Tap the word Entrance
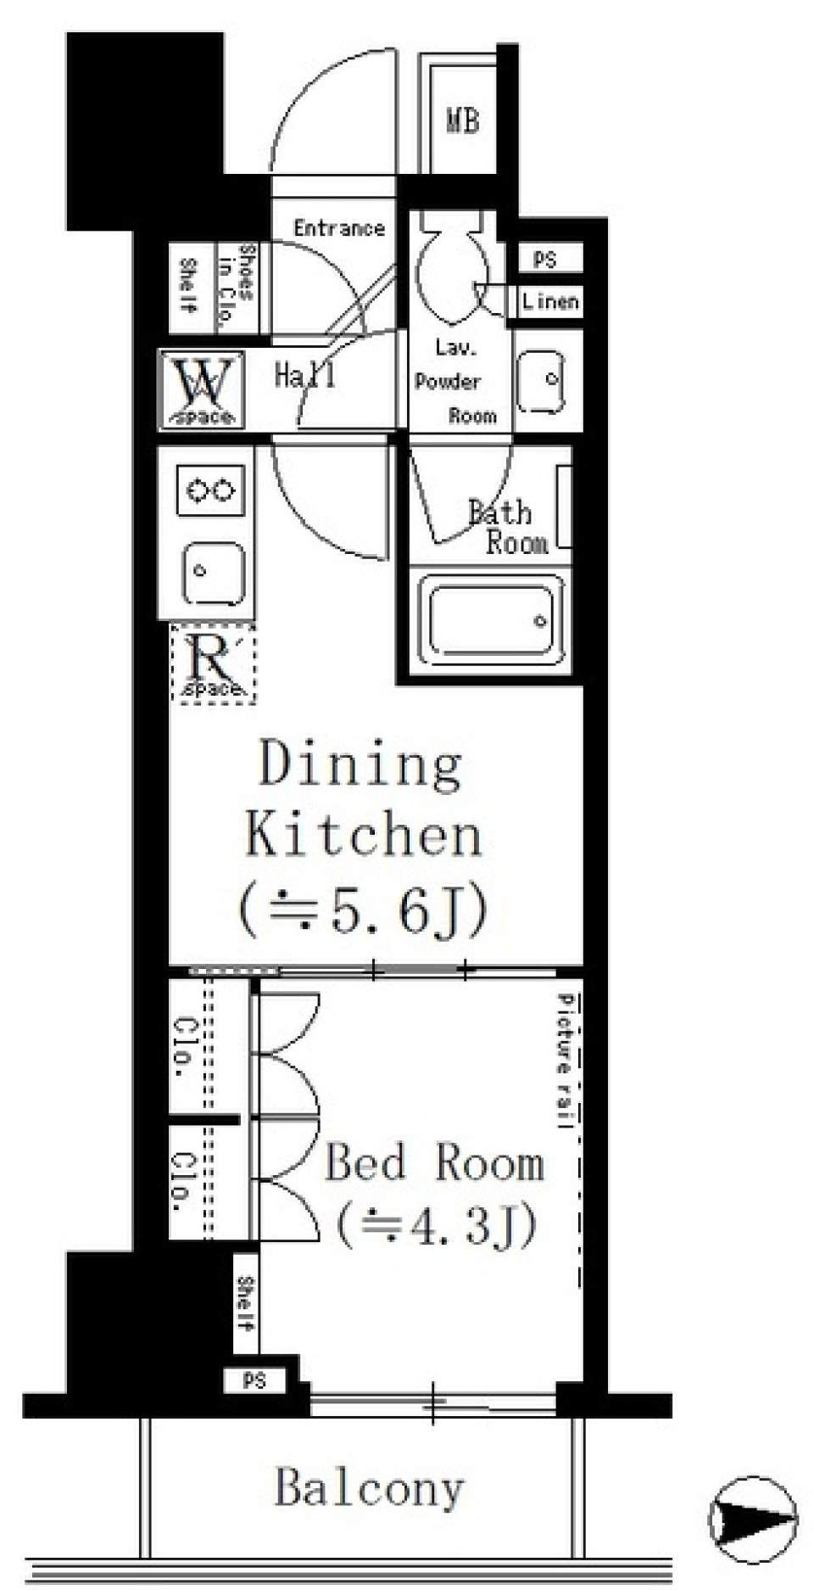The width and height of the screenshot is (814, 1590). pyautogui.click(x=339, y=228)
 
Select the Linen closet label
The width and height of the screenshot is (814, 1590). pyautogui.click(x=550, y=301)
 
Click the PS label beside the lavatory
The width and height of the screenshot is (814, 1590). pyautogui.click(x=544, y=260)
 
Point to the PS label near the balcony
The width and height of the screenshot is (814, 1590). pyautogui.click(x=254, y=1381)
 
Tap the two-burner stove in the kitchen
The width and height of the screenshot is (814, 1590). pyautogui.click(x=211, y=490)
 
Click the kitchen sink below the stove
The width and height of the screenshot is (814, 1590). pyautogui.click(x=214, y=574)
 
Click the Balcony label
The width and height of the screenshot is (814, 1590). pyautogui.click(x=370, y=1488)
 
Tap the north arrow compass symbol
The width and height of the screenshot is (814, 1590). pyautogui.click(x=753, y=1514)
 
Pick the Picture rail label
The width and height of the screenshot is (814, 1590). pyautogui.click(x=565, y=1061)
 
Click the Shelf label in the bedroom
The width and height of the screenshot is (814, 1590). pyautogui.click(x=245, y=1303)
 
